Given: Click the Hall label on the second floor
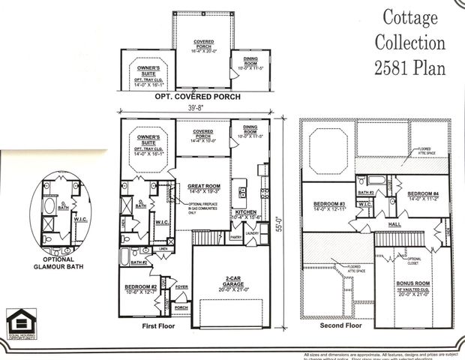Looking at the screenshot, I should pos(394,223).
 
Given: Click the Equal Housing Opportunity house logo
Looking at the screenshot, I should pos(18,319).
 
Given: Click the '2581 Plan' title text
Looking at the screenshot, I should pos(409,66).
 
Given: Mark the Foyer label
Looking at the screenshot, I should pos(181,285).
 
